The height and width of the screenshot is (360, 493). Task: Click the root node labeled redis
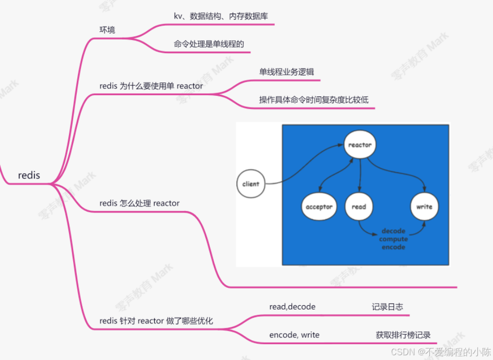click(29, 175)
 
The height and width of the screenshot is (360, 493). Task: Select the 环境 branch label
click(107, 29)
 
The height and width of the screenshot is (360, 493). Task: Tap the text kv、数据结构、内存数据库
click(221, 16)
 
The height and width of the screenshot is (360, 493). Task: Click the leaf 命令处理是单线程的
click(209, 44)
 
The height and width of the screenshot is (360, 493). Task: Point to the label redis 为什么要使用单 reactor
click(151, 85)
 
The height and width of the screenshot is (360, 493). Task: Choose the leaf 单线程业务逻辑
click(286, 72)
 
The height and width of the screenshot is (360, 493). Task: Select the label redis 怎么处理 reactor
click(139, 203)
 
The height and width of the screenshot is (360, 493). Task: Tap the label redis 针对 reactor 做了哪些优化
click(156, 321)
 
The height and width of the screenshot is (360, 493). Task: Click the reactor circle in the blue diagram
click(360, 145)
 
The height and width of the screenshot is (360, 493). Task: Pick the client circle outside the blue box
click(251, 184)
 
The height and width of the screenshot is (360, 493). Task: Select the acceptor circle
click(319, 207)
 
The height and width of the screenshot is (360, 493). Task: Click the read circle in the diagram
click(359, 207)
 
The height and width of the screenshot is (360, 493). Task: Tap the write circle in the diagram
click(424, 207)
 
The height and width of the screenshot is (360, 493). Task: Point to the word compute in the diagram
click(394, 239)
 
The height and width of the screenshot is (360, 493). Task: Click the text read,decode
click(293, 306)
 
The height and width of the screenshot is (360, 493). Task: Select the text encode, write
click(294, 335)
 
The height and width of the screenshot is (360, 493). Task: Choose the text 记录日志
click(387, 306)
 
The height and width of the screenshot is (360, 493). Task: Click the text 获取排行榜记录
click(403, 335)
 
